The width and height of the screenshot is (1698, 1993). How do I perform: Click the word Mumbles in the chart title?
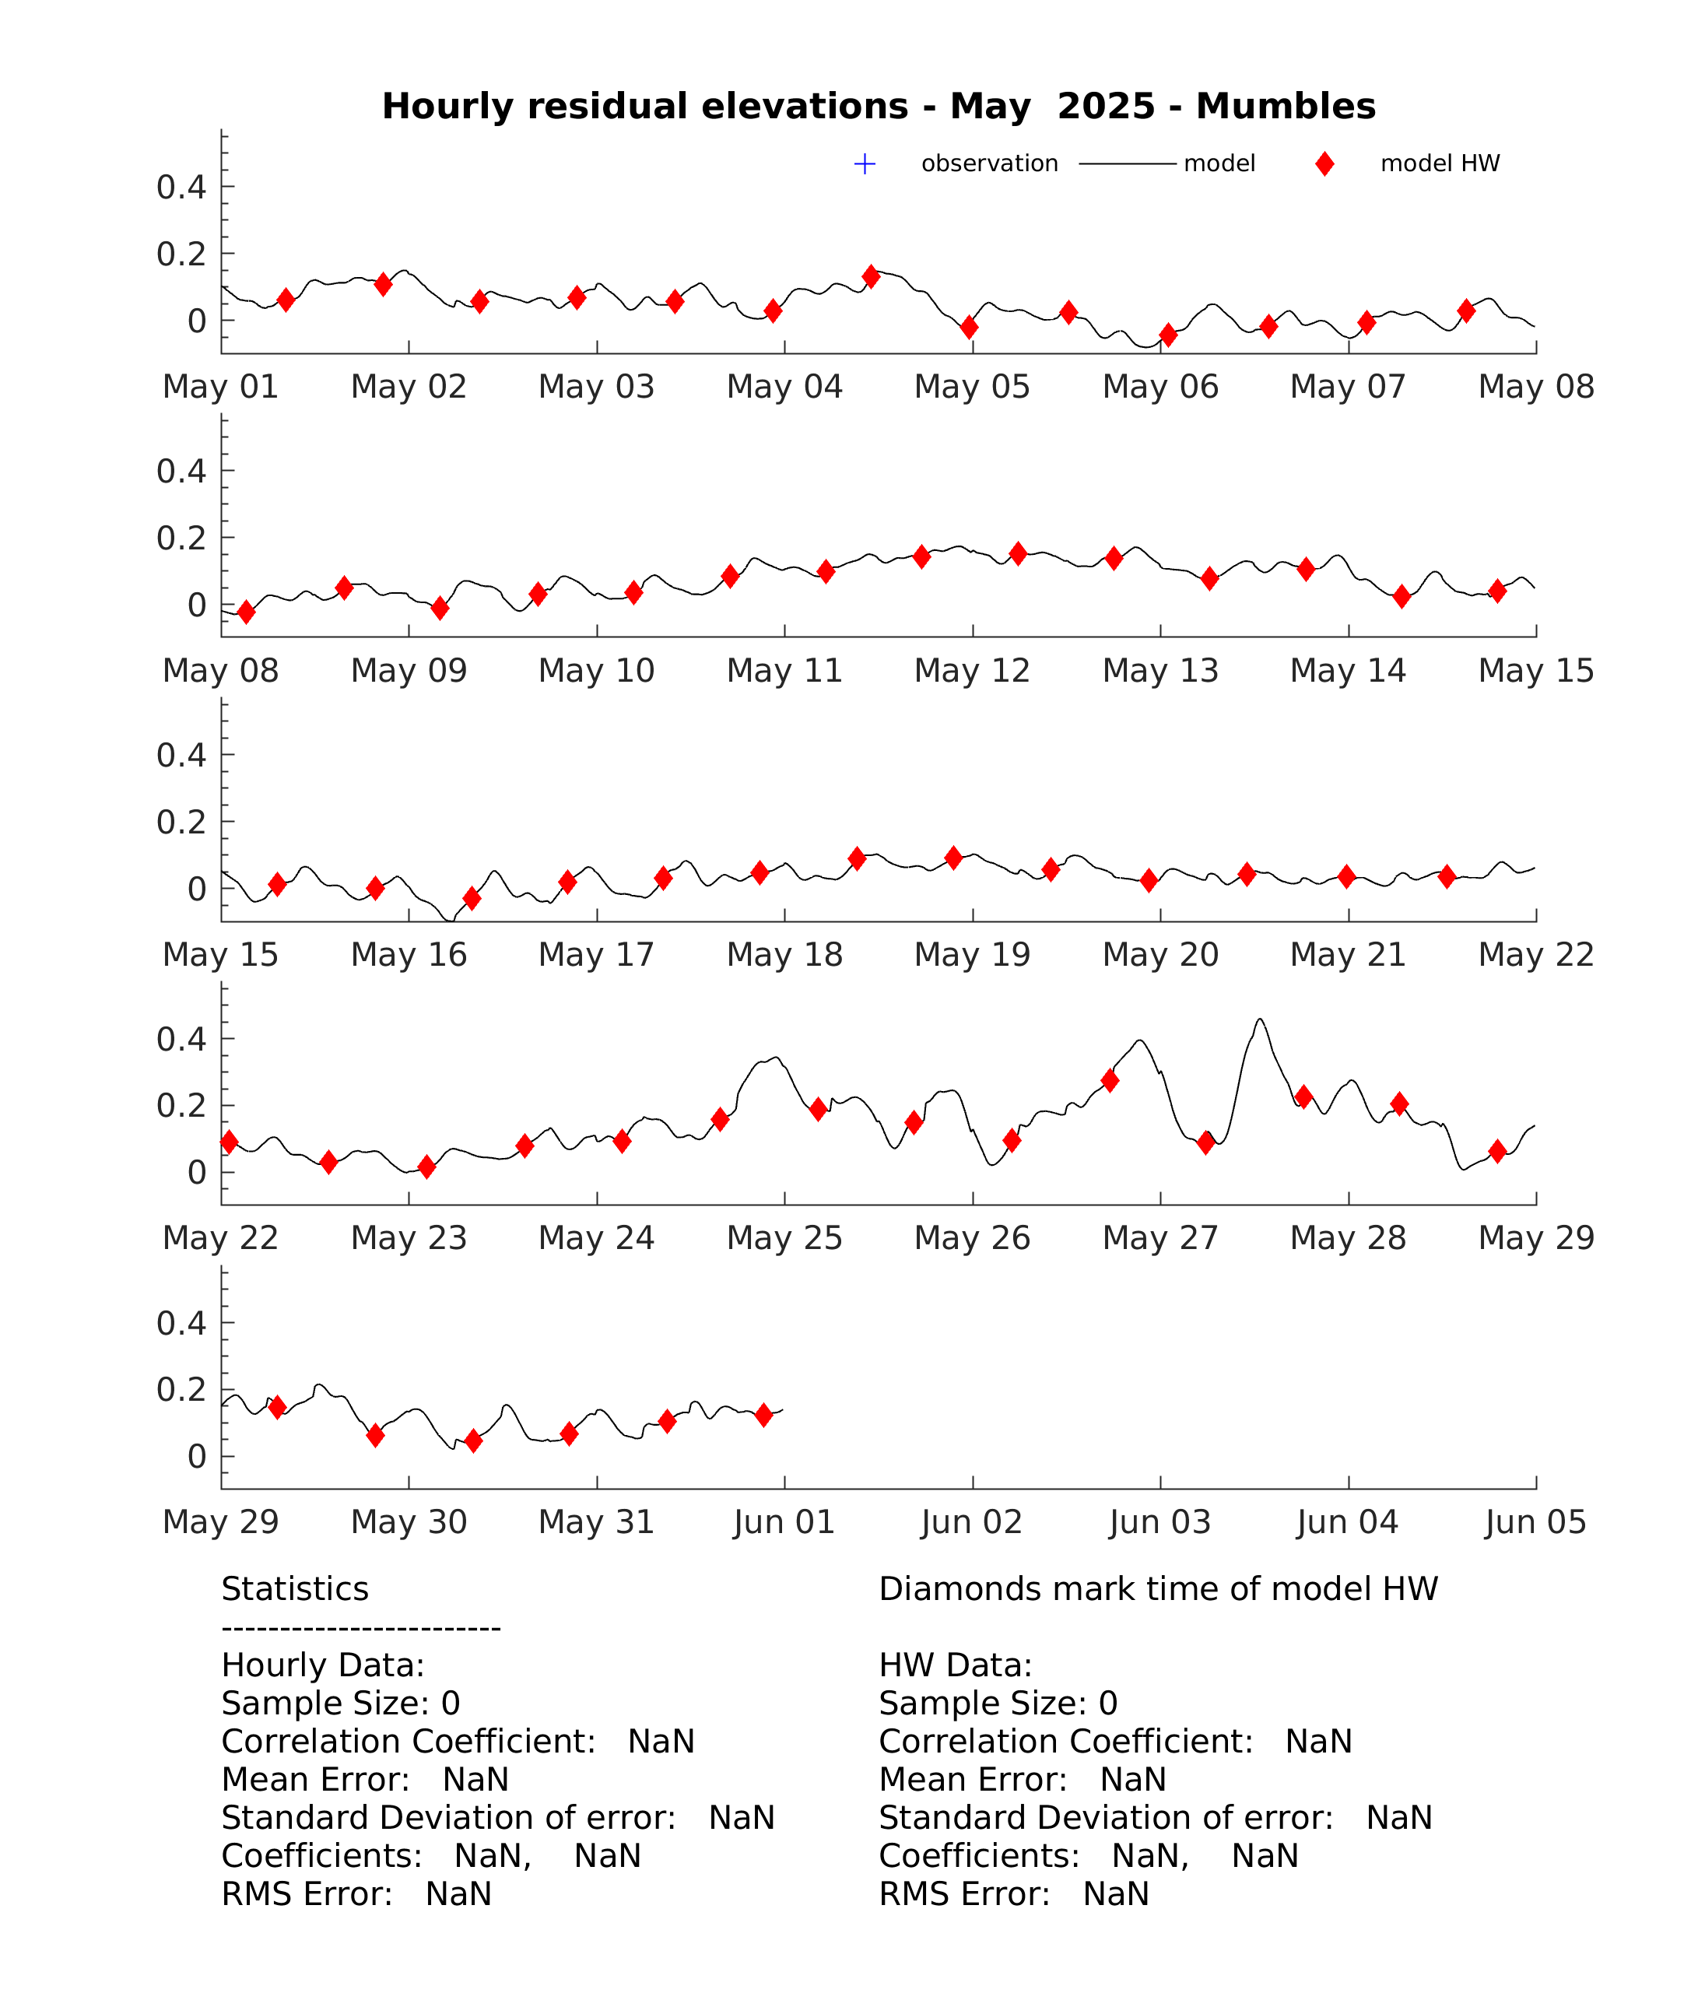1286,106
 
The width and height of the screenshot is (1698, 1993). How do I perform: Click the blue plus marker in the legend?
865,163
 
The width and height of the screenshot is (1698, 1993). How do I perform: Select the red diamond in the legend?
1324,163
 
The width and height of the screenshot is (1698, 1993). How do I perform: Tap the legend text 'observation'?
989,163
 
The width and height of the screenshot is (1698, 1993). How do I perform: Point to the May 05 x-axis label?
972,387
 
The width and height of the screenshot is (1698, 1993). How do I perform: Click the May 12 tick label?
972,670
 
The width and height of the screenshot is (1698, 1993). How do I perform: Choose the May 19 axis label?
972,954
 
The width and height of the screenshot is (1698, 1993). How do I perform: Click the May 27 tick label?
1160,1238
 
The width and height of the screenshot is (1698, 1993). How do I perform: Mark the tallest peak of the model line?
1261,1019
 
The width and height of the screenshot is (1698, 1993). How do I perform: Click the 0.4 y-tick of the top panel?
182,187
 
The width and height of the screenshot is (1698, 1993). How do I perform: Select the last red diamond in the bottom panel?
764,1415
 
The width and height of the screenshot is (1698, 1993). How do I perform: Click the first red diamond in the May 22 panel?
229,1142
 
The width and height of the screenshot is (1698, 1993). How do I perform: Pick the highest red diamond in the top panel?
872,277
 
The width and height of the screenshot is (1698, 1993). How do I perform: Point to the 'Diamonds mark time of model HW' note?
1158,1589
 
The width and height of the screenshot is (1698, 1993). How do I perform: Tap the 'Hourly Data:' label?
323,1665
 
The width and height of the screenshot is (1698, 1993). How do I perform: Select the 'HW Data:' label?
956,1665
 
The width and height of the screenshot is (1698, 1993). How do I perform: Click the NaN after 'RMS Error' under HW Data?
1116,1894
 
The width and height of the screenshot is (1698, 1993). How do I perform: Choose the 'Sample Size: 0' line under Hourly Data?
341,1704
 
